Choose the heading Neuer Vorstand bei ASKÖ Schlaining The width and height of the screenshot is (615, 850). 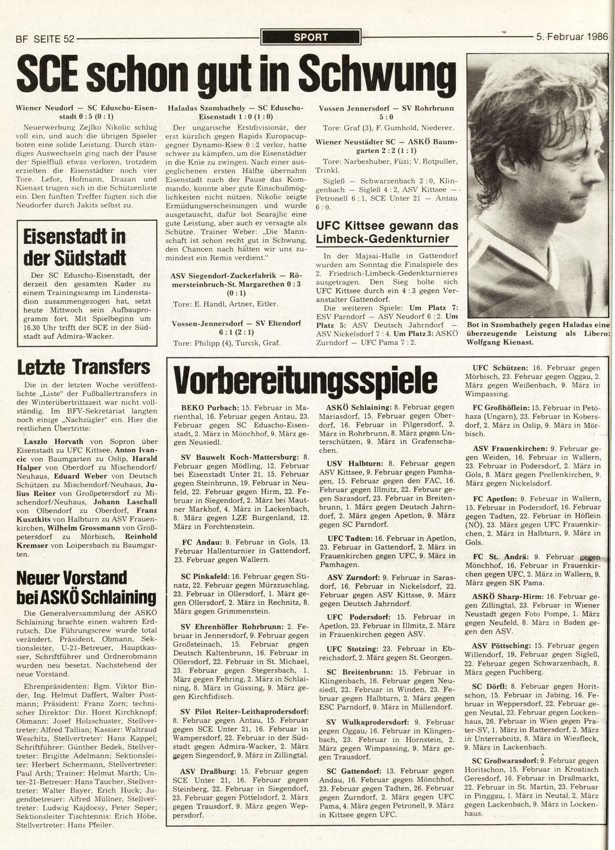tap(85, 587)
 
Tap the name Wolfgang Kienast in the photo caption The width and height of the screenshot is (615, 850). tap(500, 343)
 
